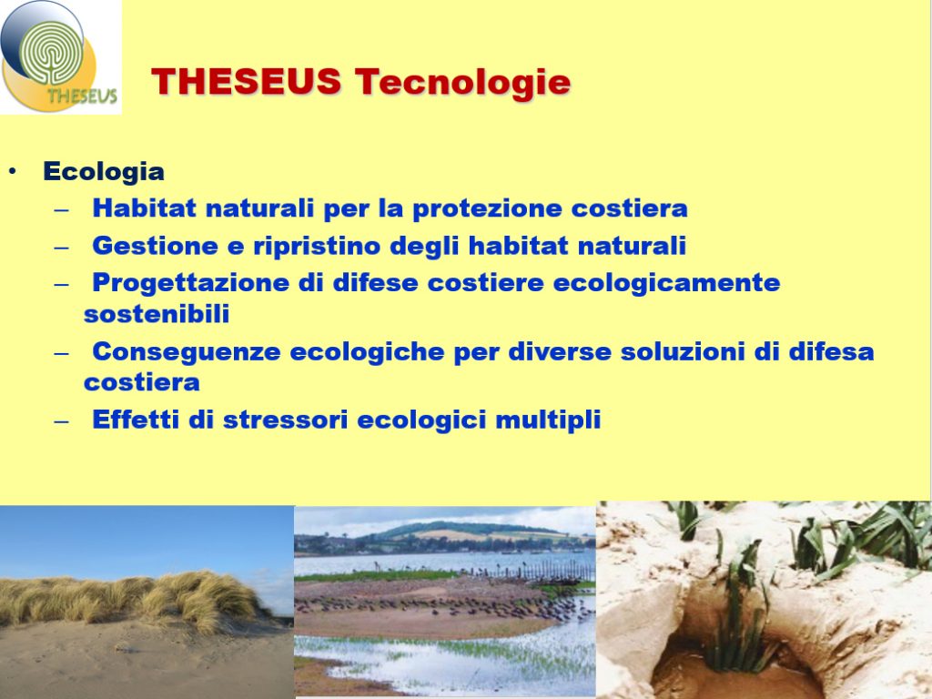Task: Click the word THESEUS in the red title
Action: [x=246, y=81]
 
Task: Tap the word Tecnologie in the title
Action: [x=462, y=82]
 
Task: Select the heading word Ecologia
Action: [x=104, y=172]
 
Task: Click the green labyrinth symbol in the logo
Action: [x=52, y=54]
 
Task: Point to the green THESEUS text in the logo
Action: [x=82, y=95]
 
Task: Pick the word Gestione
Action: [x=155, y=246]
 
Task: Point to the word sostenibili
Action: [x=157, y=314]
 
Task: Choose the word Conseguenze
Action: [x=186, y=352]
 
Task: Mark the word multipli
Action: [x=547, y=420]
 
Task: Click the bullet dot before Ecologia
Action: [x=13, y=172]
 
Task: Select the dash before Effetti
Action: [x=61, y=421]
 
